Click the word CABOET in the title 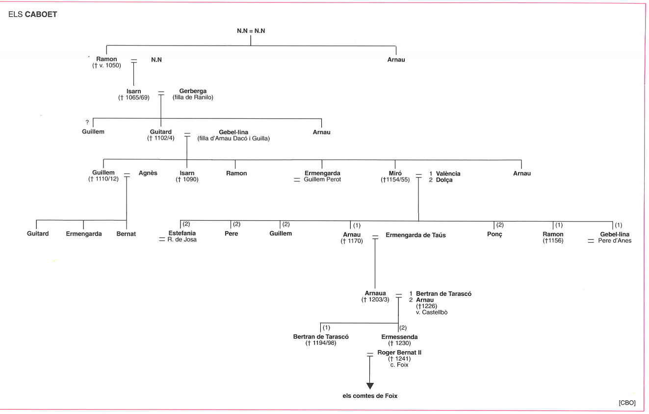[41, 15]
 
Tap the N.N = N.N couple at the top [251, 31]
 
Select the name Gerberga [193, 91]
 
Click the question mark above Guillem [87, 123]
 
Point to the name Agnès [148, 173]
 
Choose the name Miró [396, 173]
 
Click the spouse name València [448, 174]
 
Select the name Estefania [182, 233]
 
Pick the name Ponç [495, 234]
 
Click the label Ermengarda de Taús [415, 235]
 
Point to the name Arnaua [375, 293]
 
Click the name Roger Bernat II [399, 353]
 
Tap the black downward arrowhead [370, 386]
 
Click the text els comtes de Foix [370, 396]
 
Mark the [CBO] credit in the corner [627, 403]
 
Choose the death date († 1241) [399, 359]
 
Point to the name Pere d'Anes [615, 241]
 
